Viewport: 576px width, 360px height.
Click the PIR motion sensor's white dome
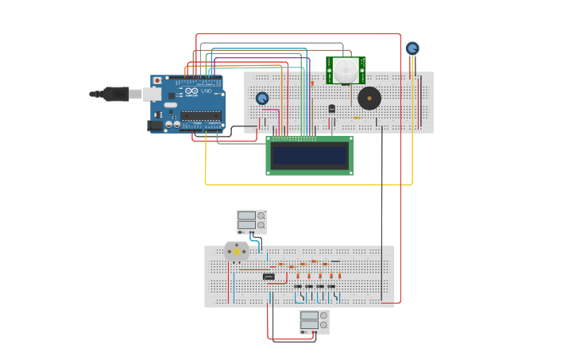point(346,70)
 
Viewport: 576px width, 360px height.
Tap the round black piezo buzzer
point(369,99)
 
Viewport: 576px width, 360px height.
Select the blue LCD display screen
point(309,156)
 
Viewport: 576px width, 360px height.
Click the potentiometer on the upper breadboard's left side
point(262,99)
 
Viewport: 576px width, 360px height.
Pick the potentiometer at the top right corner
point(412,48)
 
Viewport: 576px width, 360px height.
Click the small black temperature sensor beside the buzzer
point(332,108)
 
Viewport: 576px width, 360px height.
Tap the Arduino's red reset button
point(157,81)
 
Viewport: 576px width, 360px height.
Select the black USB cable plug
point(116,94)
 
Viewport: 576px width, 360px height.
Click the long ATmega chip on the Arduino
point(200,116)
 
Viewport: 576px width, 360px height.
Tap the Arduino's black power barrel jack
point(155,125)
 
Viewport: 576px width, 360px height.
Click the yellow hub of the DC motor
point(237,251)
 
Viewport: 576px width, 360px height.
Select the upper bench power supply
point(252,222)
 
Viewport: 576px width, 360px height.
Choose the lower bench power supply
point(315,321)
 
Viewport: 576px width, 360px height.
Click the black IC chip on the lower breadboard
point(269,277)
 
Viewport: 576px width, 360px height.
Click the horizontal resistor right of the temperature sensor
point(356,118)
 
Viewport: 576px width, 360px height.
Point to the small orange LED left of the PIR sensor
point(312,83)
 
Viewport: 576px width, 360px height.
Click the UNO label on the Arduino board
point(206,92)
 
